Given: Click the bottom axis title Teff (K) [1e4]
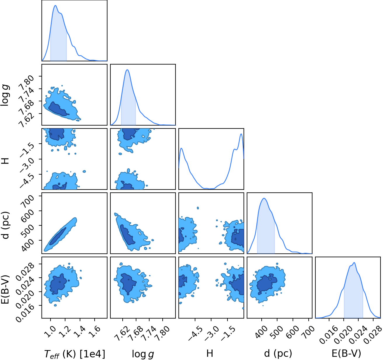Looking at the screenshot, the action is coord(75,354).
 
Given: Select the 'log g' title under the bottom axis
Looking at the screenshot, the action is coord(143,354).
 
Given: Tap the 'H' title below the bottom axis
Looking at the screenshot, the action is coord(210,353).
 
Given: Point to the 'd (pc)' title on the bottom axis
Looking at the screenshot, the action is coord(278,354).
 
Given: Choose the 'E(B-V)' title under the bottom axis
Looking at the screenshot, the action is coord(346,354).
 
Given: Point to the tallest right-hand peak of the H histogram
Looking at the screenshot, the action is coord(241,134).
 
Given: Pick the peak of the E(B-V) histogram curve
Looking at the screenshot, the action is coord(354,262).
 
